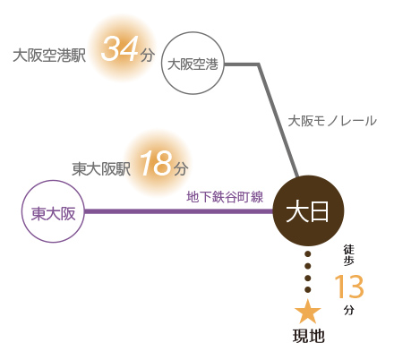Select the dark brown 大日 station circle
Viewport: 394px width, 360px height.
(x=308, y=211)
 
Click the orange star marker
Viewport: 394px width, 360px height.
(x=308, y=312)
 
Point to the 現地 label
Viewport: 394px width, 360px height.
(x=308, y=336)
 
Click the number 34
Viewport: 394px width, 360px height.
(x=120, y=48)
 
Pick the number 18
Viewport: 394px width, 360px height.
(x=157, y=163)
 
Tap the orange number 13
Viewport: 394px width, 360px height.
(x=349, y=287)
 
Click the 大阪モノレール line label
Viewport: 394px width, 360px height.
(x=332, y=121)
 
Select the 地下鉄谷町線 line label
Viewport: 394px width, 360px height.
(x=225, y=197)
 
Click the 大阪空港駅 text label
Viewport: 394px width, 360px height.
(x=49, y=56)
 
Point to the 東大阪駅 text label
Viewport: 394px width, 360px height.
(x=101, y=169)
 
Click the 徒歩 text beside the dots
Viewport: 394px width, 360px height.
(x=349, y=255)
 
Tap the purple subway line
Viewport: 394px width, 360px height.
(x=179, y=211)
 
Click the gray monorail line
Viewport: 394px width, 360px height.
(x=270, y=101)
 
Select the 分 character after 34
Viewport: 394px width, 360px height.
(x=148, y=55)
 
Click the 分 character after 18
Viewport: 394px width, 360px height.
(x=181, y=169)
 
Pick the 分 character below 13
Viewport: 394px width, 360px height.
(x=349, y=310)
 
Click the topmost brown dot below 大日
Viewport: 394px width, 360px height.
(x=308, y=254)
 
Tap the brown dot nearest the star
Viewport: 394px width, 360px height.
(x=308, y=289)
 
